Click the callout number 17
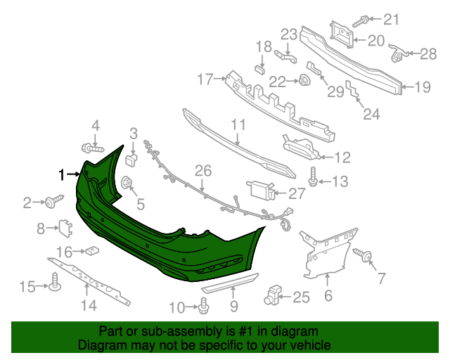point(205,79)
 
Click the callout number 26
point(202,170)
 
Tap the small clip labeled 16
point(91,250)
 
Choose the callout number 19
point(422,87)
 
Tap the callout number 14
point(88,305)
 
